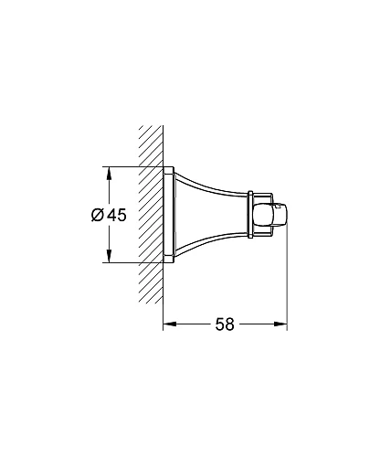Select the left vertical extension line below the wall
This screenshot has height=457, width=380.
pyautogui.click(x=163, y=302)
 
